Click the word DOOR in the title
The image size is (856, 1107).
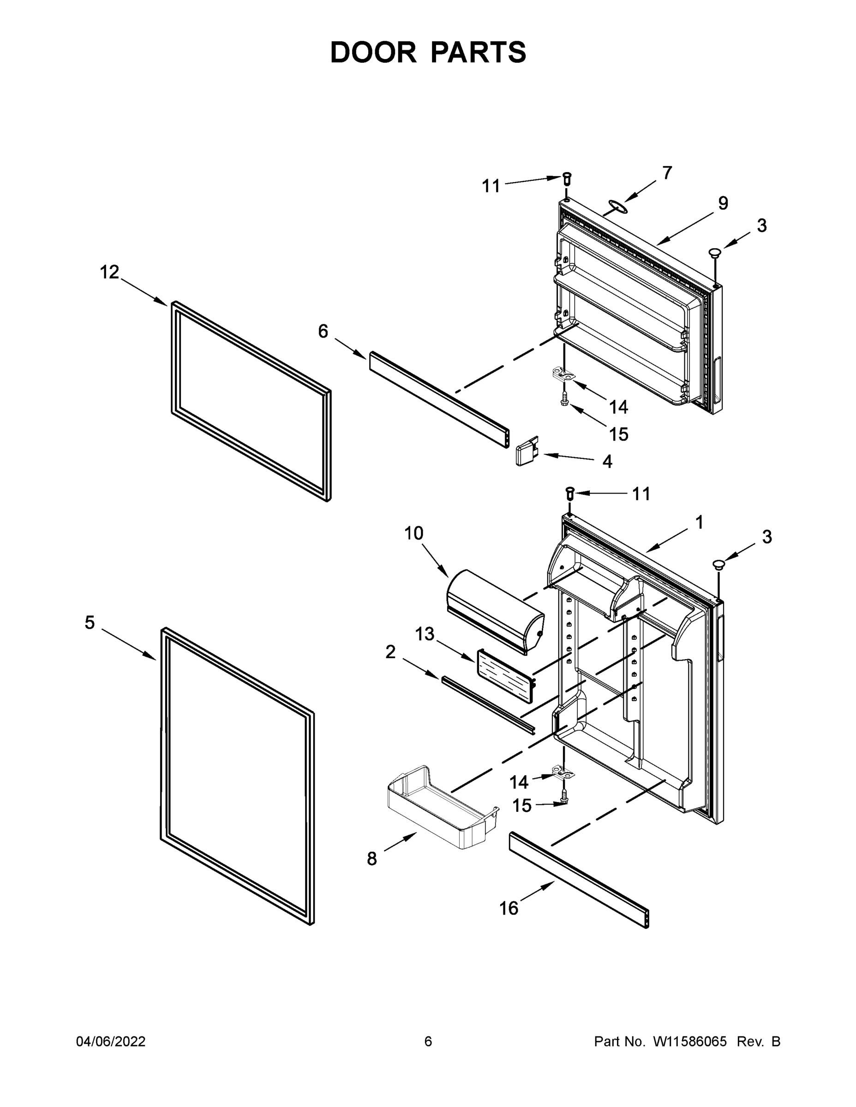point(373,53)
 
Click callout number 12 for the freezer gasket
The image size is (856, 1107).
point(109,272)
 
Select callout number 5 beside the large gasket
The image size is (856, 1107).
point(90,622)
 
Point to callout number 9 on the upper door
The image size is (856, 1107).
point(723,203)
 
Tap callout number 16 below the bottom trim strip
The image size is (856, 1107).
point(509,908)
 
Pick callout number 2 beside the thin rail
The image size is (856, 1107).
point(390,652)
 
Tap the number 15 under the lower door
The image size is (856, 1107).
point(522,805)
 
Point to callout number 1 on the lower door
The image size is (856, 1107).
point(699,523)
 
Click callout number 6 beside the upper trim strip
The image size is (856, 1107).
point(323,332)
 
